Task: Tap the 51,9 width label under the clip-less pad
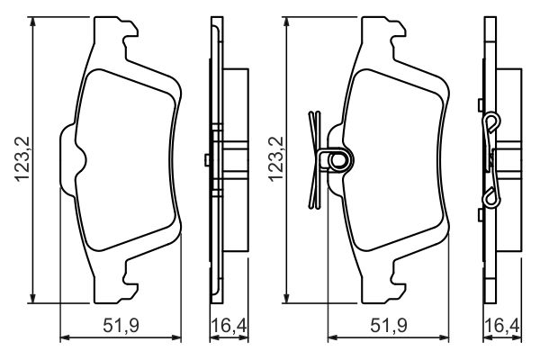click(120, 325)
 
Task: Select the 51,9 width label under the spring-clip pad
click(388, 325)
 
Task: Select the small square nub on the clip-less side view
click(207, 161)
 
